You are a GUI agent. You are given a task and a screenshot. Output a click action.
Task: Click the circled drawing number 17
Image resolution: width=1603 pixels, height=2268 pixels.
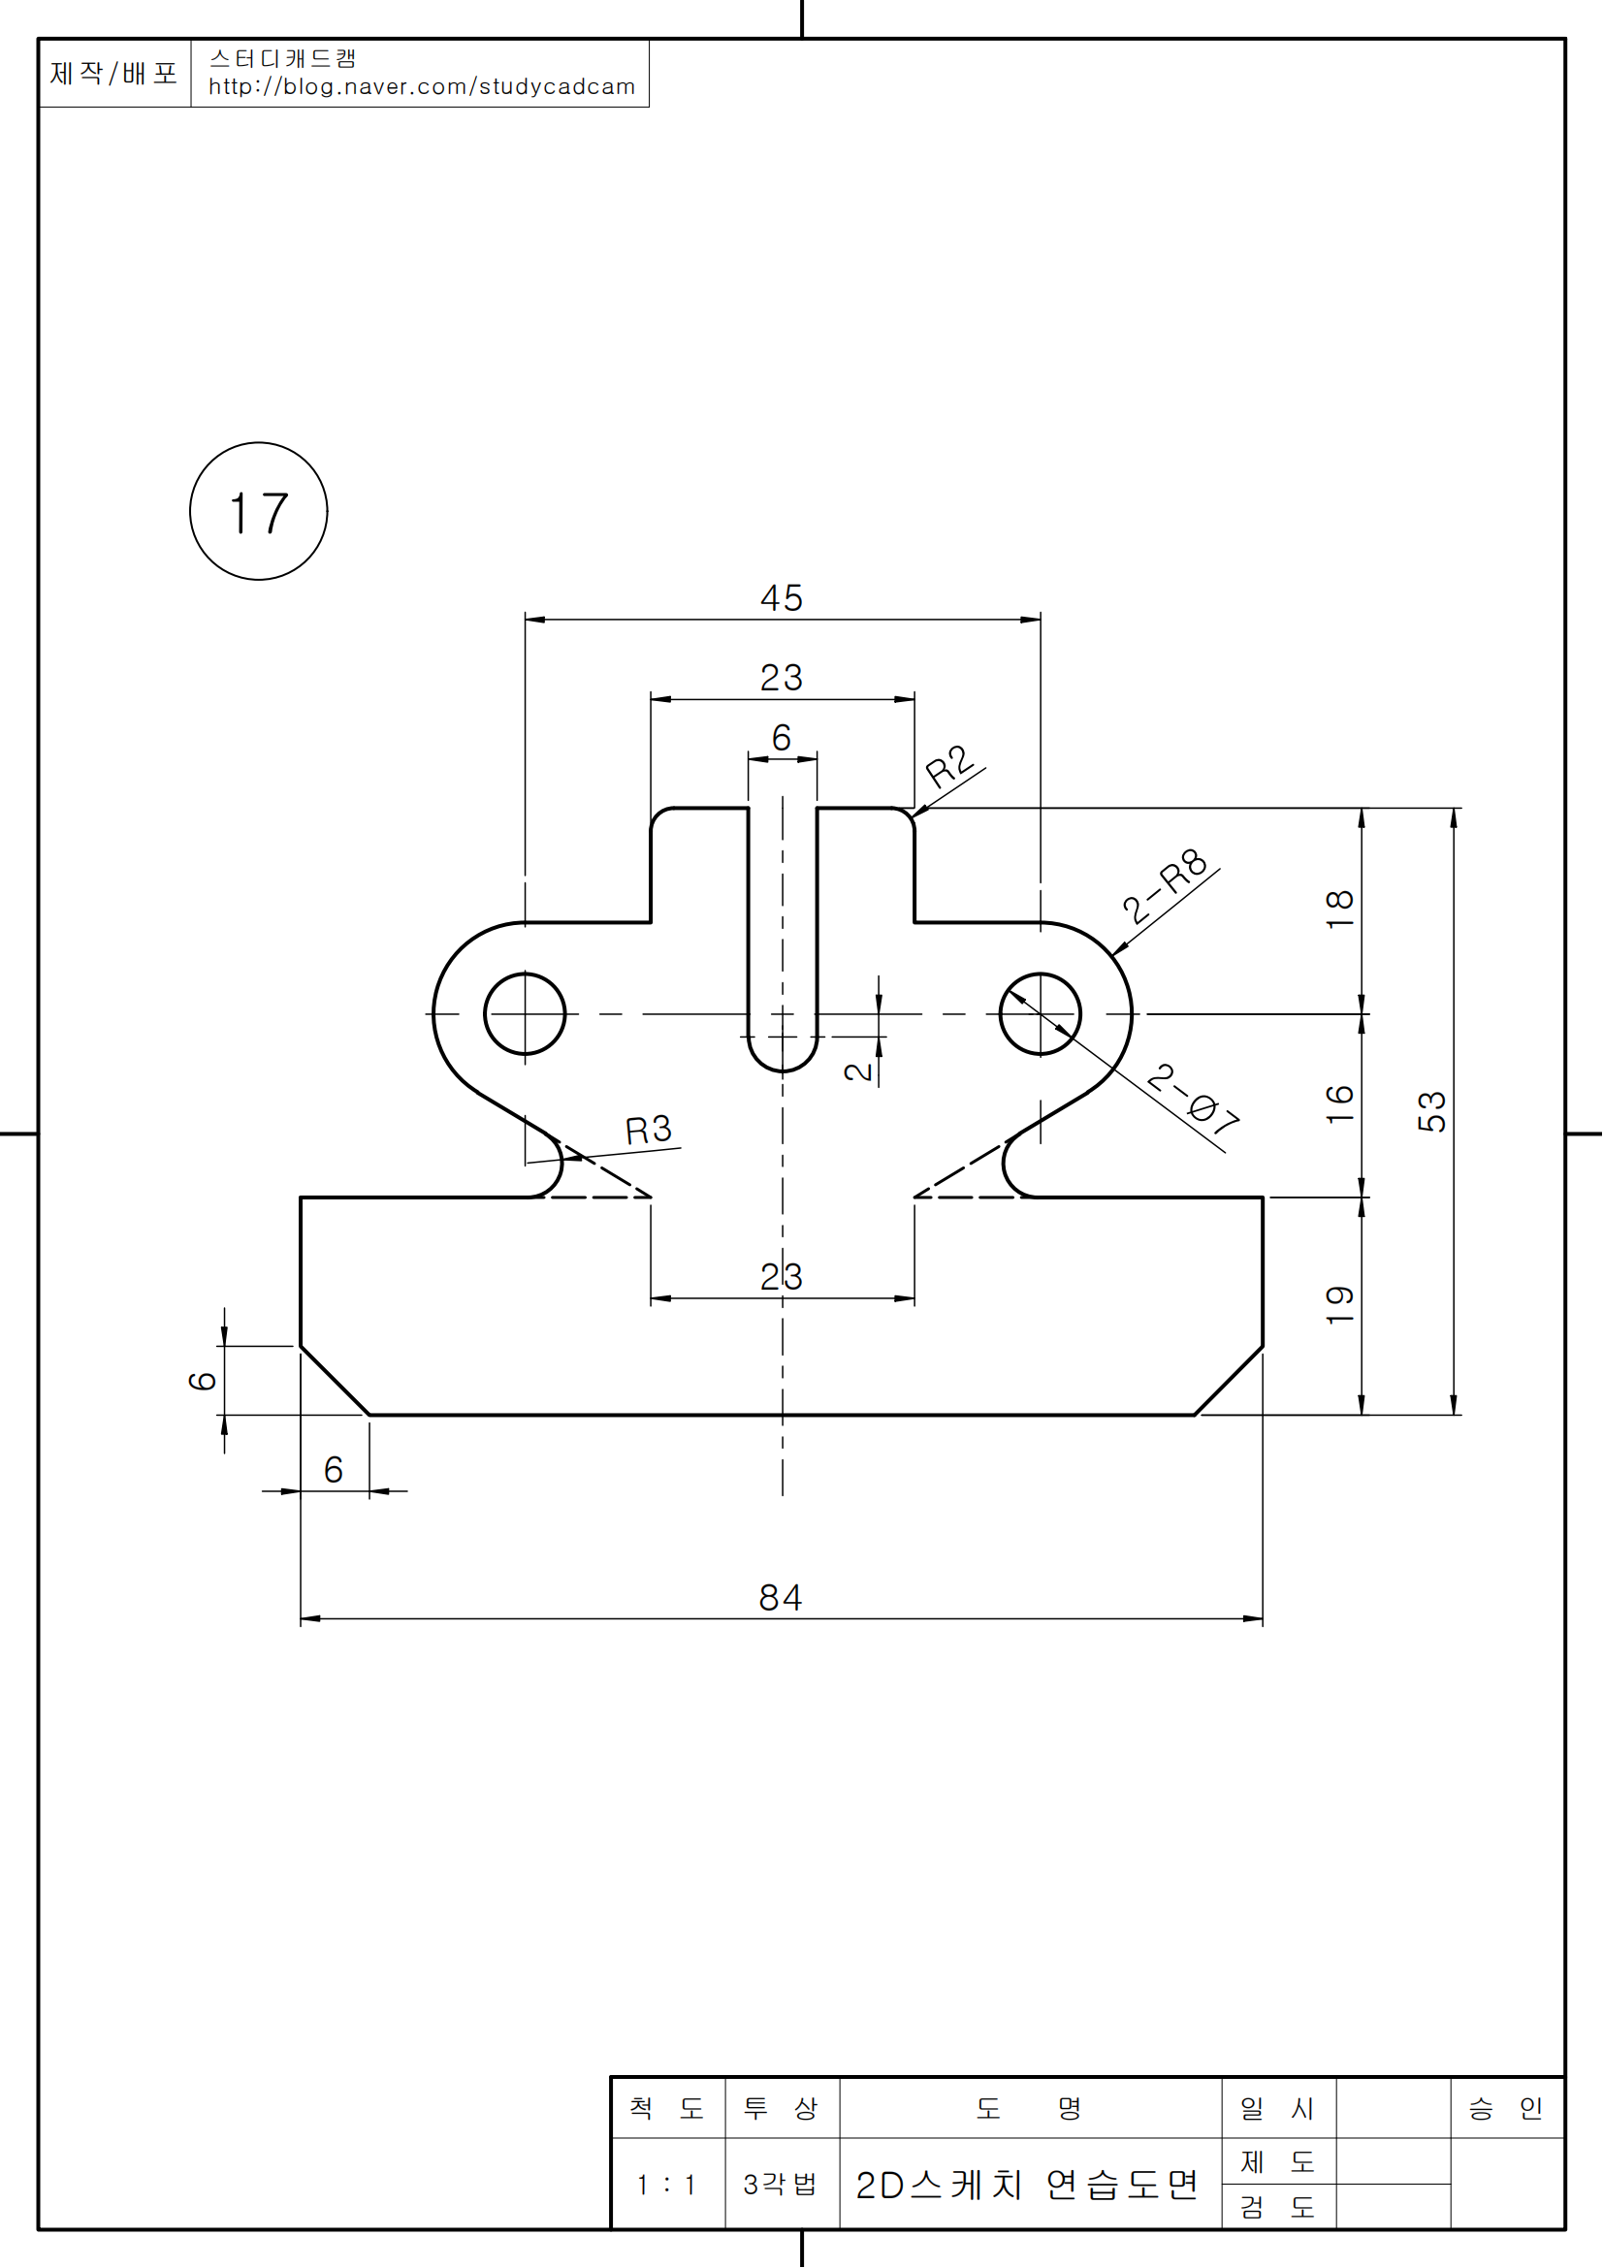coord(259,512)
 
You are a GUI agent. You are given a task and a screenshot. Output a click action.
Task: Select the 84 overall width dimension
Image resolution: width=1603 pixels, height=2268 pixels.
coord(781,1597)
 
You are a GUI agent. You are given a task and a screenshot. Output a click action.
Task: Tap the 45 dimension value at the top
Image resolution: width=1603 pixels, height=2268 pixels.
coord(782,598)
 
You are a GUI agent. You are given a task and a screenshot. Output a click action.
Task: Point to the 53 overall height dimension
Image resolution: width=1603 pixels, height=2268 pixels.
coord(1431,1111)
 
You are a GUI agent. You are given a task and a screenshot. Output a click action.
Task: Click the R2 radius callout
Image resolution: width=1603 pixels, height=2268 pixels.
coord(950,766)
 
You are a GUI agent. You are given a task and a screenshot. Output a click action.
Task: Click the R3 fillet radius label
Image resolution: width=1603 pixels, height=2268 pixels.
coord(648,1130)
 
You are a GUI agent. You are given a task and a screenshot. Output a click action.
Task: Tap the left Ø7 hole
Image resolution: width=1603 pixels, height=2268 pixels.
coord(525,1013)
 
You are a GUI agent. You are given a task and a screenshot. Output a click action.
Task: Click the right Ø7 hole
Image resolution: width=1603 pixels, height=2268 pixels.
coord(1040,1013)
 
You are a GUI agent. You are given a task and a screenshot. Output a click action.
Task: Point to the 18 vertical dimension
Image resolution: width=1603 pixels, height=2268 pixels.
coord(1339,909)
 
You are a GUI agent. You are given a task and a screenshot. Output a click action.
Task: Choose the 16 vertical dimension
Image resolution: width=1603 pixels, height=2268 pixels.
coord(1339,1103)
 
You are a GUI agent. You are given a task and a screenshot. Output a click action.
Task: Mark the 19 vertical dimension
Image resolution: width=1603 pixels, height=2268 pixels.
coord(1339,1305)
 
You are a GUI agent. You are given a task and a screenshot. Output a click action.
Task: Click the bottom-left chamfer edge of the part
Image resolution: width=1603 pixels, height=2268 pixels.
coord(335,1380)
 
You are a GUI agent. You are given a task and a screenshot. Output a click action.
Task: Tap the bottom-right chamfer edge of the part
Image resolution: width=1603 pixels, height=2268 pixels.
coord(1229,1380)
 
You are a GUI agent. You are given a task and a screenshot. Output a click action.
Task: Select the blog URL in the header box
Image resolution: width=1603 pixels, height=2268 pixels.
coord(422,87)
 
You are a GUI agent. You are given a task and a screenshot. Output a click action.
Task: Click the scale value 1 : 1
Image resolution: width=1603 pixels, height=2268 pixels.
coord(666,2184)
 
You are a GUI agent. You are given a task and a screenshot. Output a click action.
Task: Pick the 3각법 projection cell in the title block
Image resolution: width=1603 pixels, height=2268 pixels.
coord(781,2184)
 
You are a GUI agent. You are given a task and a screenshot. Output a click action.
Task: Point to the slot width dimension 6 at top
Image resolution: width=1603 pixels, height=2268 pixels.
coord(782,738)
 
